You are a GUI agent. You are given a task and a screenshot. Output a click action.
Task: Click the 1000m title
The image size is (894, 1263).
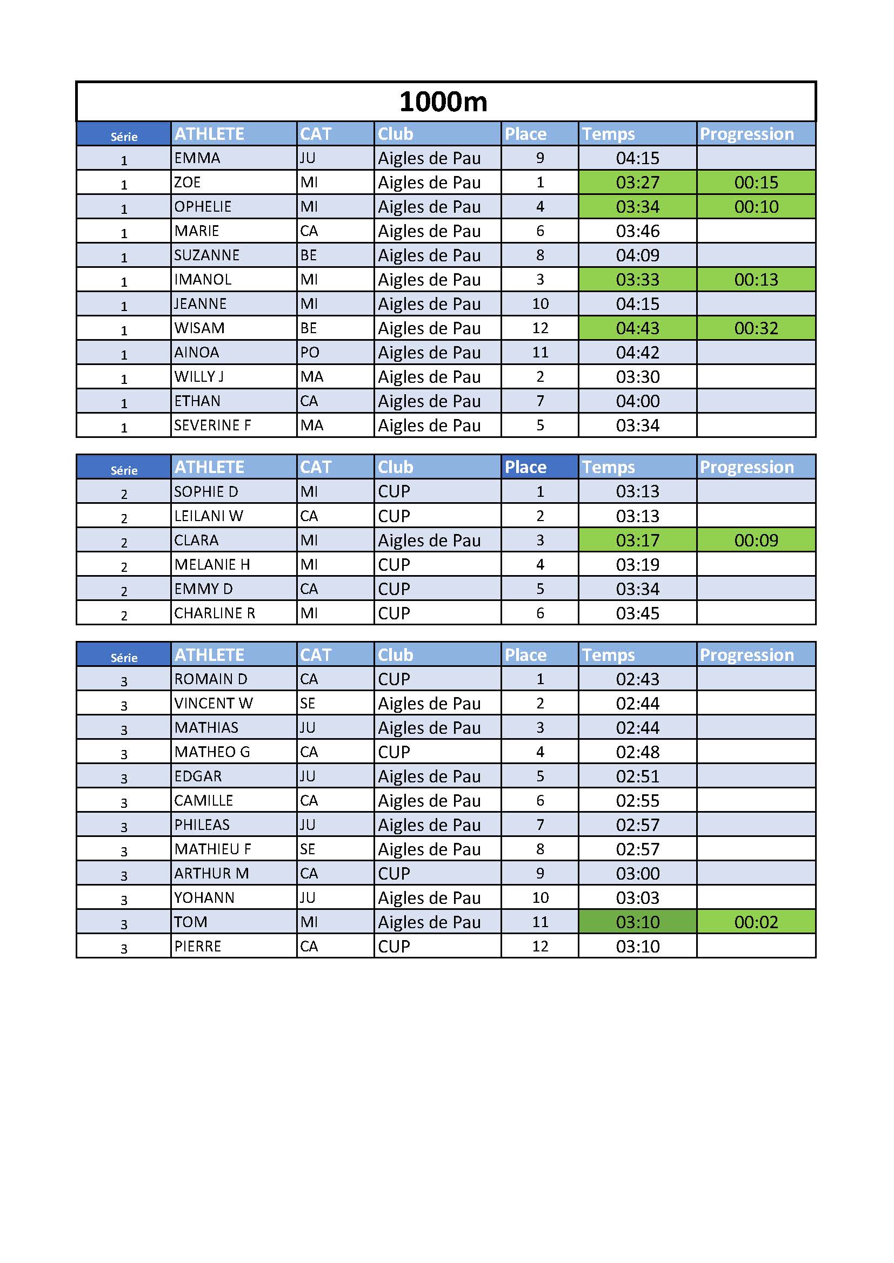coord(443,102)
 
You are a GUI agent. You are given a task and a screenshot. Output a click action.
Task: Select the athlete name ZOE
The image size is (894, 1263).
coord(187,182)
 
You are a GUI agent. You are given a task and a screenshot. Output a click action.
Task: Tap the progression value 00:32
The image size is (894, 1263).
coord(756,328)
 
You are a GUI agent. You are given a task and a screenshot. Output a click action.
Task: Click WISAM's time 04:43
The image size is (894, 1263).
coord(637,328)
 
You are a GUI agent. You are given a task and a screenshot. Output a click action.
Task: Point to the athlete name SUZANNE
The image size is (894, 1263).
coord(206,255)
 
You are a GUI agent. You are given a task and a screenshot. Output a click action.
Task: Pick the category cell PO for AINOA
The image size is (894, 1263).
coord(309,353)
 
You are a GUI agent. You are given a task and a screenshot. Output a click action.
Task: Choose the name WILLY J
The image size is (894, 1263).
coord(199,377)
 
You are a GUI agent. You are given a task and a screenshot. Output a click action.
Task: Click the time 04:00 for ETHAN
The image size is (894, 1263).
coord(637,401)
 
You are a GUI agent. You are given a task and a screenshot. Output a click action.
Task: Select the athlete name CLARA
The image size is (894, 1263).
coord(196,540)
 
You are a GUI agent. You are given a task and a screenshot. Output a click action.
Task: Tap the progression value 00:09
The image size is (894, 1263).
coord(756,540)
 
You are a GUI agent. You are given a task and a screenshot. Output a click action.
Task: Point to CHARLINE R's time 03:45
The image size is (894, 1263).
coord(637,613)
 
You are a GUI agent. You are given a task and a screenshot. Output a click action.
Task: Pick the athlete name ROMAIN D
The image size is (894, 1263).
coord(210,679)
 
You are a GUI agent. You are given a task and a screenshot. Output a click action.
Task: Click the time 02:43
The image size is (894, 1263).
coord(637,679)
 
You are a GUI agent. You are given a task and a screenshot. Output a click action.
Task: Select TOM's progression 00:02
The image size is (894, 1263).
coord(756,922)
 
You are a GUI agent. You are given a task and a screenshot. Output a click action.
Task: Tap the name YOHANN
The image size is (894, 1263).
coord(204,898)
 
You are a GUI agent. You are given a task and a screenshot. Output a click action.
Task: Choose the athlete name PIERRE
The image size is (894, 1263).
coord(197,946)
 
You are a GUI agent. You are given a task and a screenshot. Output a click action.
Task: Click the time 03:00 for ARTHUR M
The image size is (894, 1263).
coord(637,874)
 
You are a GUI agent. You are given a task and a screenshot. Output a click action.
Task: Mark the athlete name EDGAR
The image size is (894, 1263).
coord(198,776)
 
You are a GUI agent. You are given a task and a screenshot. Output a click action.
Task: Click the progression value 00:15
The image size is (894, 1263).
coord(756,182)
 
